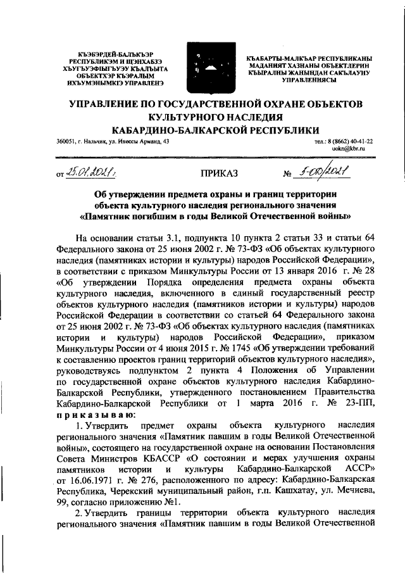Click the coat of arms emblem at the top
click(202, 66)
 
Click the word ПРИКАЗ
click(218, 172)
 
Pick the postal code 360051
click(66, 141)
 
